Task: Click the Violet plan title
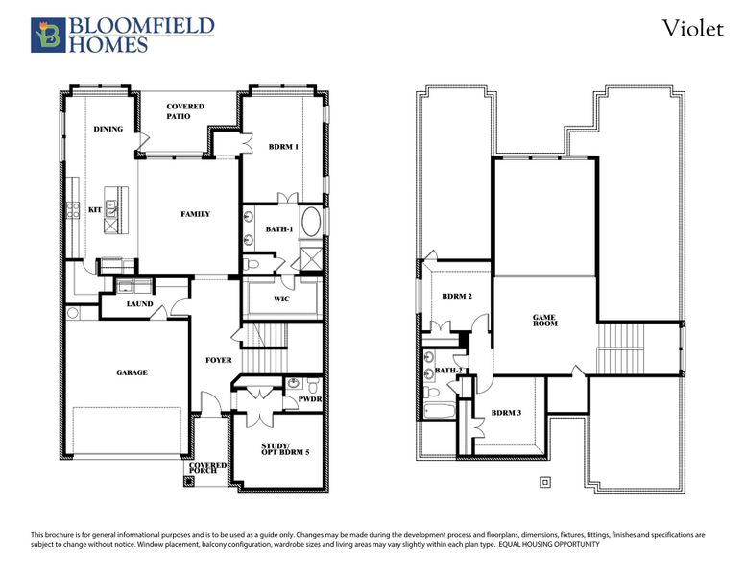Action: (692, 29)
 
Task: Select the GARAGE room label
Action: (132, 372)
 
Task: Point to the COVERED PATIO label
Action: (184, 111)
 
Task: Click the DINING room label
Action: (108, 129)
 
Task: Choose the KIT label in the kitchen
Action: (95, 209)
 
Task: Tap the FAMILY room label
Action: (195, 214)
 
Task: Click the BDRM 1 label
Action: (283, 147)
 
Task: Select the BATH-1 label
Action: (279, 228)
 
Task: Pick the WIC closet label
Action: (281, 299)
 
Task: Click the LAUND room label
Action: (140, 305)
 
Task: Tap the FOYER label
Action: (218, 361)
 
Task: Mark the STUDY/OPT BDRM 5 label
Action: (285, 449)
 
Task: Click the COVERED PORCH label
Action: (207, 468)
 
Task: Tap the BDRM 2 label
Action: (457, 297)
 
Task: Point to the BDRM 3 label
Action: (506, 413)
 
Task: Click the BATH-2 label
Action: (448, 371)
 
